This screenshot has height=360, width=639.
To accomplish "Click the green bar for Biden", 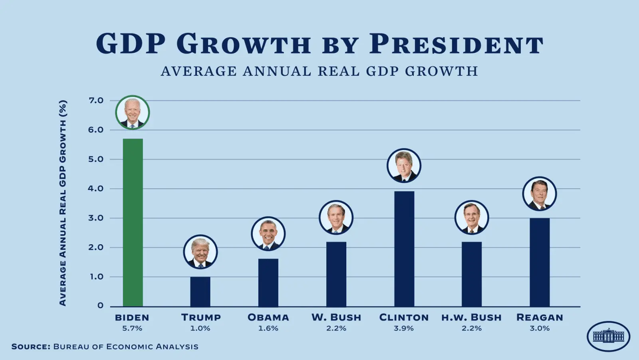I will point(133,222).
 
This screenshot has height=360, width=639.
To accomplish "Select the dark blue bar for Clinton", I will point(404,249).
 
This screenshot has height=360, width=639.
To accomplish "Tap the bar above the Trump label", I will point(200,291).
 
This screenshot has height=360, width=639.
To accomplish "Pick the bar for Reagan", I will point(540,262).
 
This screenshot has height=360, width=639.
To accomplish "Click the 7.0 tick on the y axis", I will point(96,101).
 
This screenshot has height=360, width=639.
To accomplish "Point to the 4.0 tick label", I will point(96,188).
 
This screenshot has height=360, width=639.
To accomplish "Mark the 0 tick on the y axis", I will point(100,306).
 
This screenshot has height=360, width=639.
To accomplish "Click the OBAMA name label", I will point(268,318).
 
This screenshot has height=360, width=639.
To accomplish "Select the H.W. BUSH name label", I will point(471,318).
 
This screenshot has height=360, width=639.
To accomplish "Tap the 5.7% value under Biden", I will point(132,328).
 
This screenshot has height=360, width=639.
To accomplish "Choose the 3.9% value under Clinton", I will point(404,328).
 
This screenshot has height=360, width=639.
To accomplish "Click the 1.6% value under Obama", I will point(268,328).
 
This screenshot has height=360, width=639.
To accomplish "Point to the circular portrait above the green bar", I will point(133,113).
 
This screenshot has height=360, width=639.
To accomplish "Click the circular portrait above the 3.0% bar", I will point(540,194).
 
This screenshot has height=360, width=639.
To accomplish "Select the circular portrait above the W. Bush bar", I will point(336,218).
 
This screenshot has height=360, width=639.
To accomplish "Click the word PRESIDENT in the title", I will point(456,44).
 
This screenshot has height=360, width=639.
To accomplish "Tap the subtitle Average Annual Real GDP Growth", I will point(319,71).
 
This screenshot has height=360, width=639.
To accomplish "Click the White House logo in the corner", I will point(608,336).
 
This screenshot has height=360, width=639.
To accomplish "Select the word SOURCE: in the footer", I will point(31,346).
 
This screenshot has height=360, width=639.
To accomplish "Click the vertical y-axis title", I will point(63,203).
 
